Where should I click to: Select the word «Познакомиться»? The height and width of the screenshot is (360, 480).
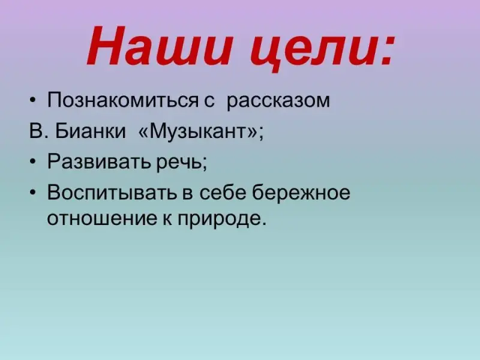(x=123, y=100)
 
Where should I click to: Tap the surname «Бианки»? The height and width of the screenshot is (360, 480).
(x=91, y=131)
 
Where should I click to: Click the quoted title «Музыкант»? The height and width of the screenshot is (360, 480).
(x=199, y=132)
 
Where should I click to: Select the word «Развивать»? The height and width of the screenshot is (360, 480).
(x=99, y=162)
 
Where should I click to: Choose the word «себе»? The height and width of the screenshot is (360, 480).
(x=223, y=193)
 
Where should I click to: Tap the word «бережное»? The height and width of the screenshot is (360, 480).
(x=301, y=193)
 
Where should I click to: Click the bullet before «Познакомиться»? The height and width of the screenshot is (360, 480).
(x=33, y=100)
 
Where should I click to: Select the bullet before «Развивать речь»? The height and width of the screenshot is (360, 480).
(x=33, y=162)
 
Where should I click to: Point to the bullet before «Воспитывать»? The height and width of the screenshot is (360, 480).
(x=33, y=193)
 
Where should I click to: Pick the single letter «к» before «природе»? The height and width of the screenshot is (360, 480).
(x=167, y=219)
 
